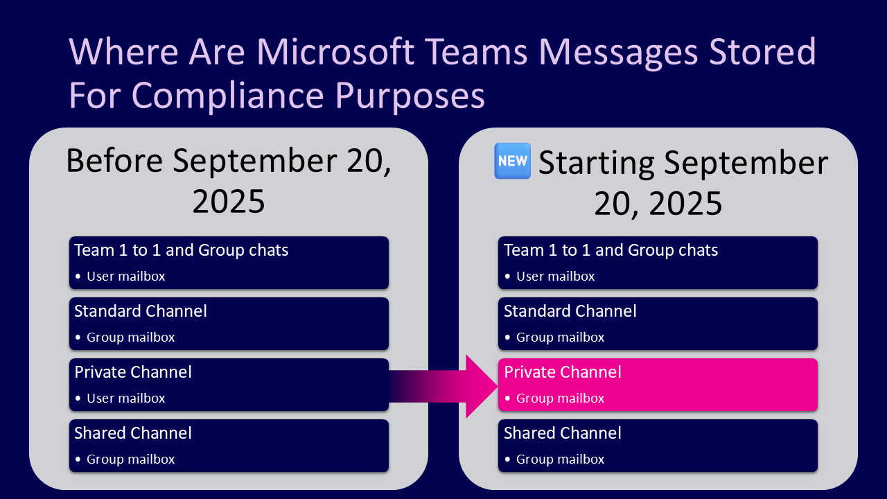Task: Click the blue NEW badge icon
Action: coord(512,161)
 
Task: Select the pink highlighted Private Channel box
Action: coord(658,385)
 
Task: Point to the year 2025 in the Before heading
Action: coord(229,200)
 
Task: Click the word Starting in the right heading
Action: coord(596,163)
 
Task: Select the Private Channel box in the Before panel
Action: coord(229,385)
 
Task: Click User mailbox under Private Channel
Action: coord(125,399)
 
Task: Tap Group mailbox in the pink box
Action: coord(560,399)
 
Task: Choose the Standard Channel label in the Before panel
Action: coord(141,311)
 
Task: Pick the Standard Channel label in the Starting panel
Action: coord(570,311)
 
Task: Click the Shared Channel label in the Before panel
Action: coord(133,433)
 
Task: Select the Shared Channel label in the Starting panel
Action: coord(562,433)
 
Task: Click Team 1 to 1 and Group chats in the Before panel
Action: coord(181,250)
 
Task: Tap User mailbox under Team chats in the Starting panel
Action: coord(555,277)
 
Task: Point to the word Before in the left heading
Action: coord(114,161)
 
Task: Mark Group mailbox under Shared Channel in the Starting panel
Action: coord(560,459)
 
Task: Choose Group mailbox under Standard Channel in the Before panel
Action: coord(130,338)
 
